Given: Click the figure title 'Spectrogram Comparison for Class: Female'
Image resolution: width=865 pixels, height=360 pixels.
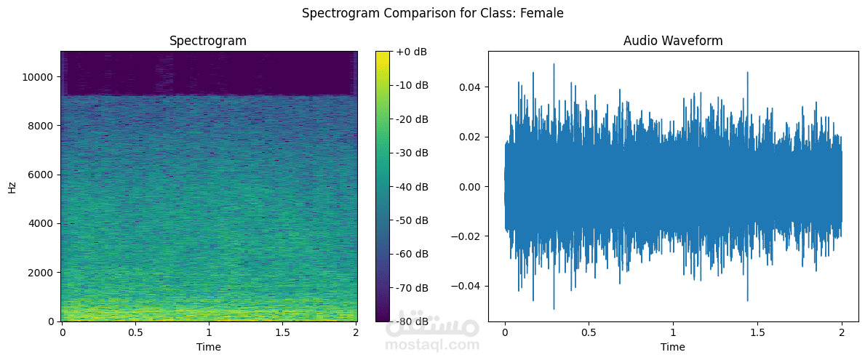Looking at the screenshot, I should [432, 13].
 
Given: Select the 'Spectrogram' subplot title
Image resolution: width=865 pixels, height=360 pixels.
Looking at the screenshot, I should [208, 41].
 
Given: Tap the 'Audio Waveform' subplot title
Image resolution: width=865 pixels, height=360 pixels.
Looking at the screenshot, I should [673, 41].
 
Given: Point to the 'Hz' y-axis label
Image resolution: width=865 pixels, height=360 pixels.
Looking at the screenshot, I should [12, 187].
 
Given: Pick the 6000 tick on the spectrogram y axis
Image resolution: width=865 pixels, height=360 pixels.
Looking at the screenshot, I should [41, 175].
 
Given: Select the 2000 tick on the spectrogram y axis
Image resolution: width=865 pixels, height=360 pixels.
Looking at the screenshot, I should [41, 273].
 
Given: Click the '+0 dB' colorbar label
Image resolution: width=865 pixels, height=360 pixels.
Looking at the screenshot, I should [412, 52].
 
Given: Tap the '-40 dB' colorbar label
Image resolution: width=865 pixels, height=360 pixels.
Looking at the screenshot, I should [412, 187].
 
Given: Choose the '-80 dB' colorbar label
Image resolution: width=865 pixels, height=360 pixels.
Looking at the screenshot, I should [412, 321].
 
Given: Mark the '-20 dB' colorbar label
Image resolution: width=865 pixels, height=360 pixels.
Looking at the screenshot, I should [412, 119].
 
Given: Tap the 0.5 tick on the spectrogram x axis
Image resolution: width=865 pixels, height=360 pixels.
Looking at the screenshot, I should [135, 332].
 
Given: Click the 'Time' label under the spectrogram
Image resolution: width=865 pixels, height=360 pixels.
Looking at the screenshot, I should [208, 347].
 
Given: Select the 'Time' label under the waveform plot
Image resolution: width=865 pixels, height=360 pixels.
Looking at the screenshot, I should [673, 347].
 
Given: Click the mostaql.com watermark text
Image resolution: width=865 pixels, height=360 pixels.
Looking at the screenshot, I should [432, 345].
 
